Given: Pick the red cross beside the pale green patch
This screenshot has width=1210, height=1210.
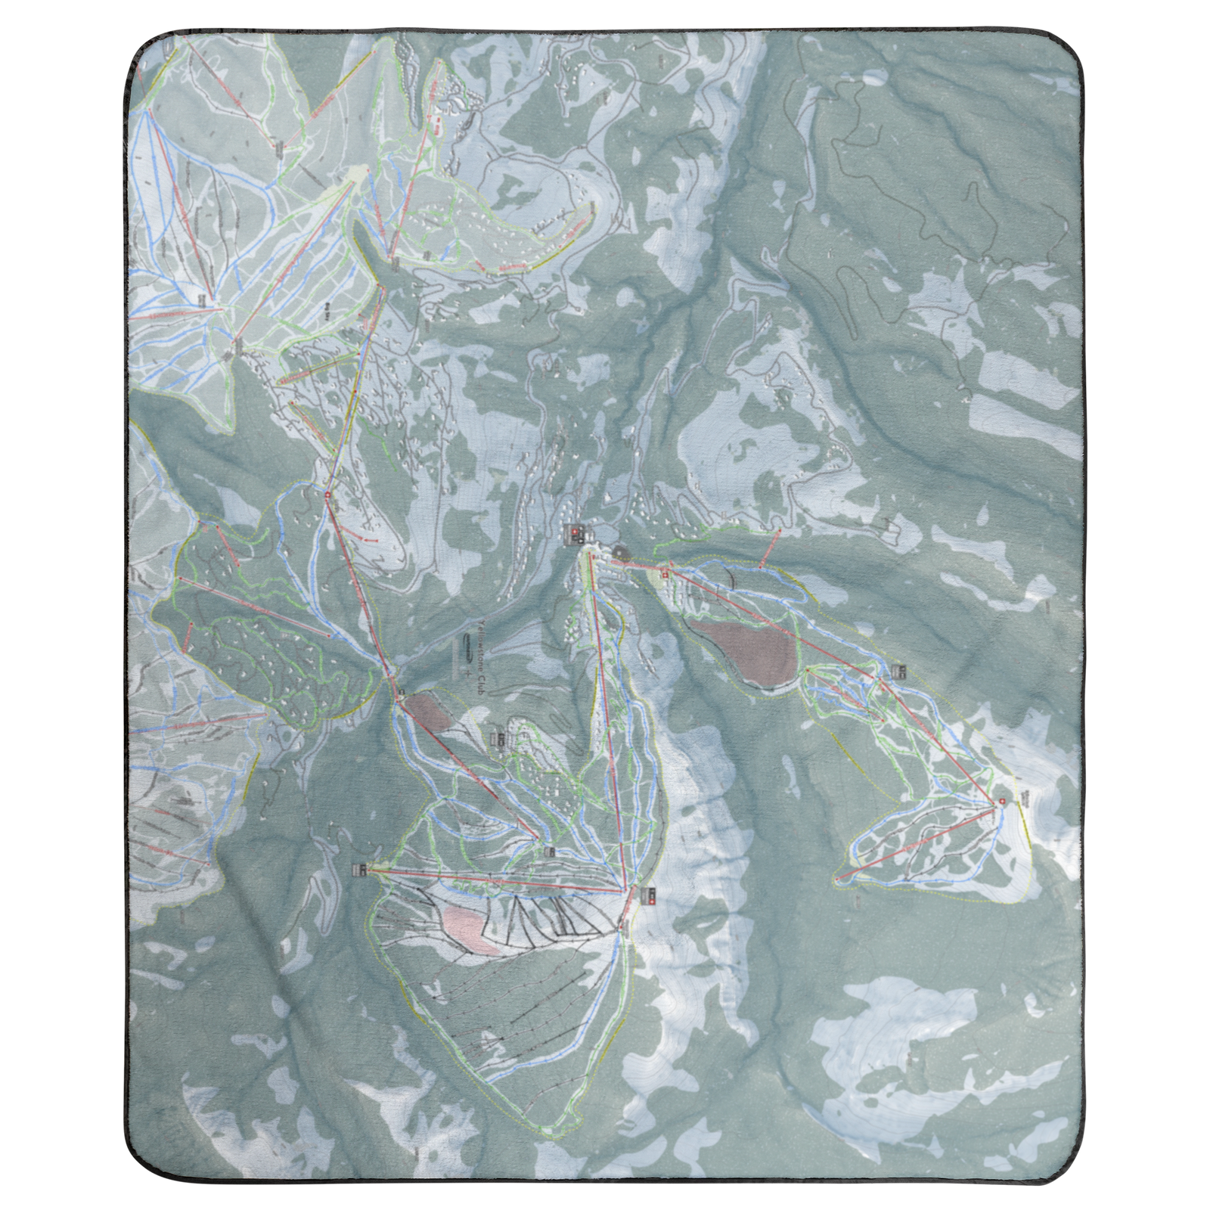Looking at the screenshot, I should [x=665, y=575].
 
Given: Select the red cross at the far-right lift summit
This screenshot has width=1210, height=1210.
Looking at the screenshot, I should [x=1003, y=802].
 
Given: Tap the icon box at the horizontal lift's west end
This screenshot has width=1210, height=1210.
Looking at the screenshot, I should [x=359, y=870].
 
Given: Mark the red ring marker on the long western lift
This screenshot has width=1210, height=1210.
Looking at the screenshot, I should [x=327, y=495].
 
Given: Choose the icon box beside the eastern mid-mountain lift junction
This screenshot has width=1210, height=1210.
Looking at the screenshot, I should [x=898, y=670].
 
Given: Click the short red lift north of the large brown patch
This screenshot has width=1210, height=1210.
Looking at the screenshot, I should [x=768, y=544].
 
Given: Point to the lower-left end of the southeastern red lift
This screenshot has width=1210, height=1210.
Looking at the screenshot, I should [x=838, y=879].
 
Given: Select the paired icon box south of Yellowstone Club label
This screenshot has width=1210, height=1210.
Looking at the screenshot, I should [x=498, y=737].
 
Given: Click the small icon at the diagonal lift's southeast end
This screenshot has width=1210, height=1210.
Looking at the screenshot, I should [x=549, y=852].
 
